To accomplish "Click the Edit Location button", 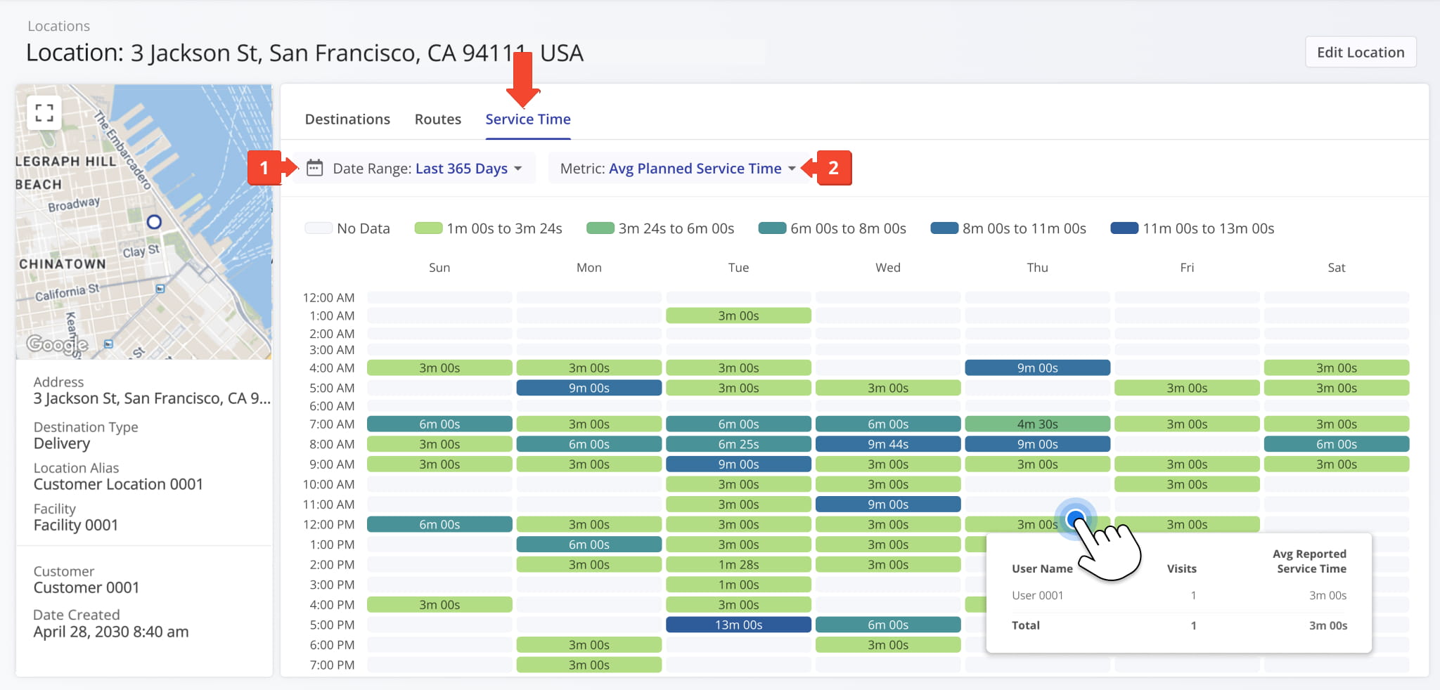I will tap(1360, 53).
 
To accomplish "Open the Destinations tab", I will tap(347, 119).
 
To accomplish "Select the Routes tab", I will tap(437, 119).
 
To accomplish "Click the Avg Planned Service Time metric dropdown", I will tap(678, 169).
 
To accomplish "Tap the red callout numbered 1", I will tap(264, 168).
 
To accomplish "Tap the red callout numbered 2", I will tap(833, 168).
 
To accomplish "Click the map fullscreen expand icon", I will tap(44, 113).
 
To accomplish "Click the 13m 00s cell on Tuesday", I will tap(738, 625).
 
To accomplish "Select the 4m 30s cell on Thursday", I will tap(1037, 424).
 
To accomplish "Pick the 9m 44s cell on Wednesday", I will tap(887, 444).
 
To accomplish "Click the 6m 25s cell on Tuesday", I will tap(738, 444).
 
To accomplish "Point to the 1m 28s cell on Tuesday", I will tap(738, 565).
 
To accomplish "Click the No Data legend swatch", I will tap(319, 228).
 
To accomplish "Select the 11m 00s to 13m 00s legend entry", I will tap(1192, 228).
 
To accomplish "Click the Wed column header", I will tap(887, 268).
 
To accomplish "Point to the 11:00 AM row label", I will tap(328, 505).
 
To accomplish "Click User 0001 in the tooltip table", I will tap(1037, 596).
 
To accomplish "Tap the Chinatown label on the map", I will tap(63, 264).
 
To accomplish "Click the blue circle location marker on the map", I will tap(154, 222).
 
